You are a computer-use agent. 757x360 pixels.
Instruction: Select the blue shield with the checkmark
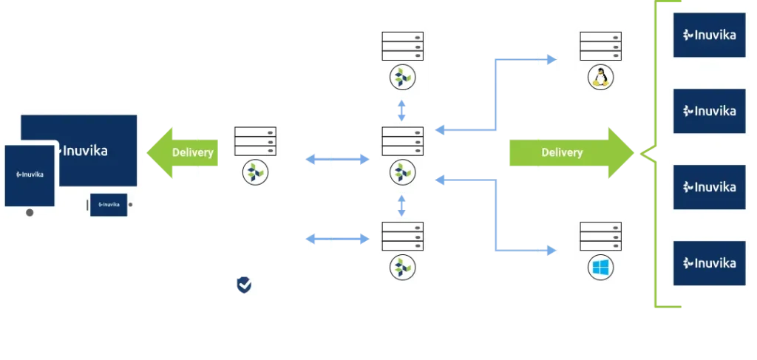[x=243, y=285]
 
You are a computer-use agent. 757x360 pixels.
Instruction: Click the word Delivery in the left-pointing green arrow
[x=192, y=153]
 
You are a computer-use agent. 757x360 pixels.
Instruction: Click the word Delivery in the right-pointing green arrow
[x=562, y=153]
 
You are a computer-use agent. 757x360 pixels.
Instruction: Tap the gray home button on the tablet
[x=30, y=212]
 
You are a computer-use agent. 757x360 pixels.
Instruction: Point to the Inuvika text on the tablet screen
[x=30, y=175]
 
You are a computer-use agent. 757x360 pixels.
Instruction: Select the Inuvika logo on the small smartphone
[x=108, y=204]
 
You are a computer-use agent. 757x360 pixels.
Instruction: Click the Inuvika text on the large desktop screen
[x=82, y=151]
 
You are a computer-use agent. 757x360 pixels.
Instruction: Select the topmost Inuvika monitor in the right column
[x=706, y=34]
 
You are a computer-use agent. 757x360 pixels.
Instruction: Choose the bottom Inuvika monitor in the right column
[x=706, y=263]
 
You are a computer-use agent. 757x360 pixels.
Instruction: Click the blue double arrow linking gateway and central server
[x=337, y=159]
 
